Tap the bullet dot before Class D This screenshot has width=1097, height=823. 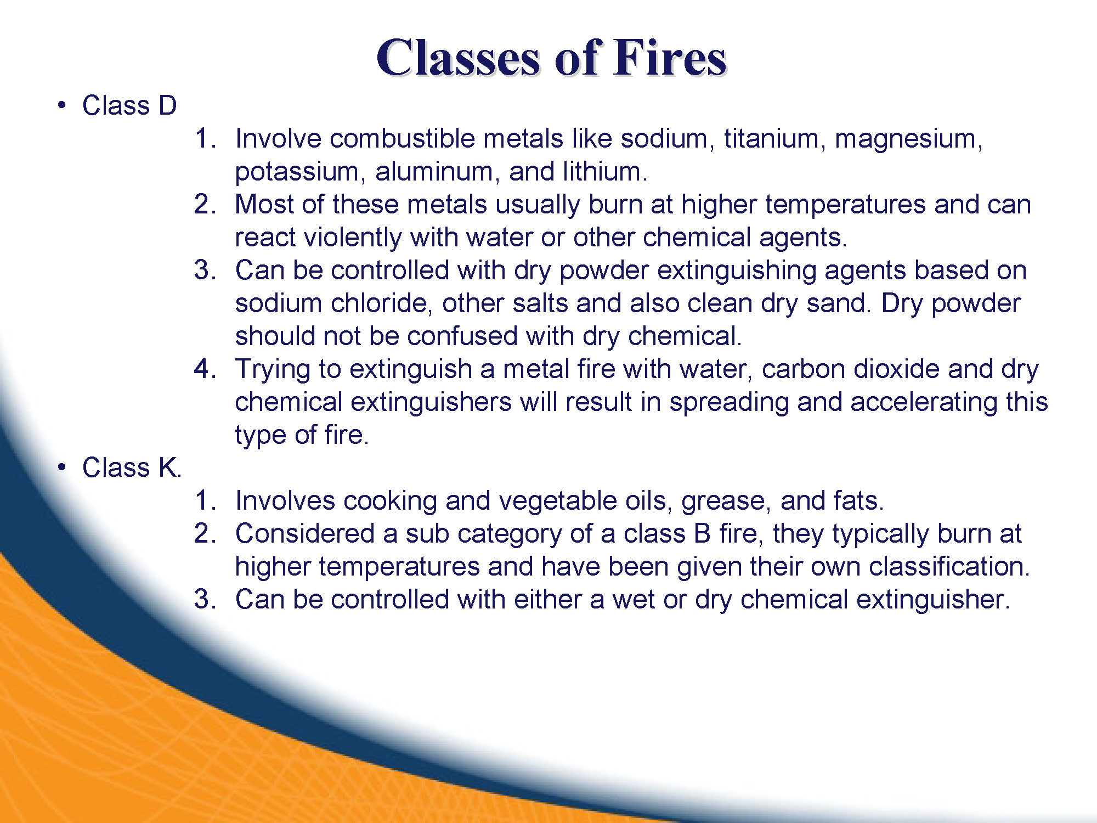(62, 105)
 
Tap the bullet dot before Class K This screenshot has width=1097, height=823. (62, 467)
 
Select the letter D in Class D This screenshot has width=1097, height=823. (167, 105)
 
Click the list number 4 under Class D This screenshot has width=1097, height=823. (204, 369)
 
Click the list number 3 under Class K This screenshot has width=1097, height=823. (204, 599)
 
